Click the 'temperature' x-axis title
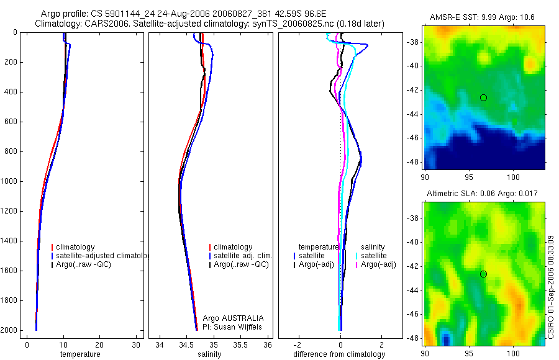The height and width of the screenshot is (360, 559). click(80, 354)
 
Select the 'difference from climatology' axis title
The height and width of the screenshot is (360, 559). click(339, 354)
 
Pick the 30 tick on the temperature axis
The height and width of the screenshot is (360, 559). click(136, 345)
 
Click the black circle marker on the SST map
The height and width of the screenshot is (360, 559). click(483, 97)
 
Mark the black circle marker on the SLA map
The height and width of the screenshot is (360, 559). click(483, 274)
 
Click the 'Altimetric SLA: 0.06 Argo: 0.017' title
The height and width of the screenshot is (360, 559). click(484, 194)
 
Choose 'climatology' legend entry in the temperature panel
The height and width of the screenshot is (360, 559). click(76, 247)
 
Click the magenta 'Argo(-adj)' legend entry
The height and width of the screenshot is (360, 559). click(378, 264)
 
